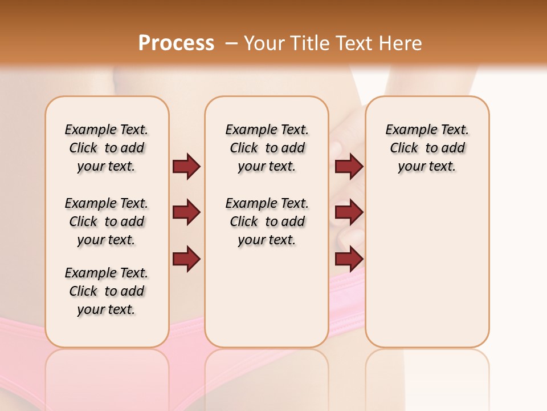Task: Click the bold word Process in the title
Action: [x=176, y=43]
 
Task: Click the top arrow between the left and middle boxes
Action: [x=186, y=167]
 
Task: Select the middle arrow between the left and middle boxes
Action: [x=186, y=212]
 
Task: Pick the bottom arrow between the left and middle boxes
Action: [x=186, y=259]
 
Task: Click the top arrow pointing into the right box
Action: [x=349, y=167]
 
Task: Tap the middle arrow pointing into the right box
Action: [x=349, y=212]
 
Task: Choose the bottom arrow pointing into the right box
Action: [x=349, y=259]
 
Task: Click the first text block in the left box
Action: [x=107, y=148]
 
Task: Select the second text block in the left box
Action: [x=107, y=221]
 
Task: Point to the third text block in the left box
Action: [x=107, y=291]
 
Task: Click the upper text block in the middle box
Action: [x=267, y=148]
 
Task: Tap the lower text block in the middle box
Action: [x=267, y=221]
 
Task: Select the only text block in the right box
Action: [x=427, y=148]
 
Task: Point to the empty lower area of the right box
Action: [x=427, y=268]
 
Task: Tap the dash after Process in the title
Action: [x=231, y=43]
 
